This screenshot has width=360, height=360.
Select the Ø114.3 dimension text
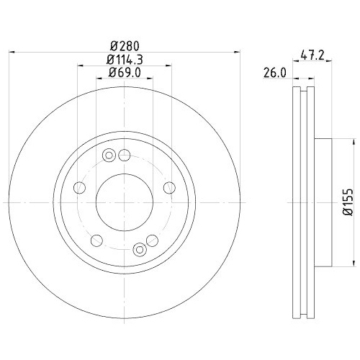pos(124,59)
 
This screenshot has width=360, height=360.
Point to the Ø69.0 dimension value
pos(124,73)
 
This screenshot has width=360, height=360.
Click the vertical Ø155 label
pos(346,204)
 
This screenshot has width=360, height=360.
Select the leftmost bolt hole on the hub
pos(80,188)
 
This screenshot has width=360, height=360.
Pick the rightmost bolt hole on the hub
pos(168,188)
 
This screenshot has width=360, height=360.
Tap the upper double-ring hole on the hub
pos(109,154)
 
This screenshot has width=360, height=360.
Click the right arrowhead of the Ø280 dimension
pos(235,51)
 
